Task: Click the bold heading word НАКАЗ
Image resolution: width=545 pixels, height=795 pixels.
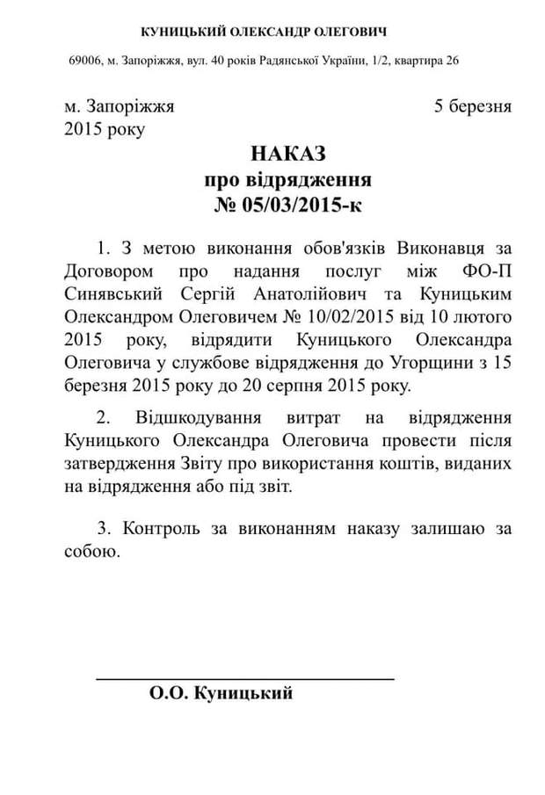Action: [287, 154]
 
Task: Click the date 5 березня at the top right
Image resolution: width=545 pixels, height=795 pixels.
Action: [472, 106]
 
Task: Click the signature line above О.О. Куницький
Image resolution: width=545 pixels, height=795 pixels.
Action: [244, 677]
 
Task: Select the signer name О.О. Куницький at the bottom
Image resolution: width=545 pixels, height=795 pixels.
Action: [221, 694]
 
